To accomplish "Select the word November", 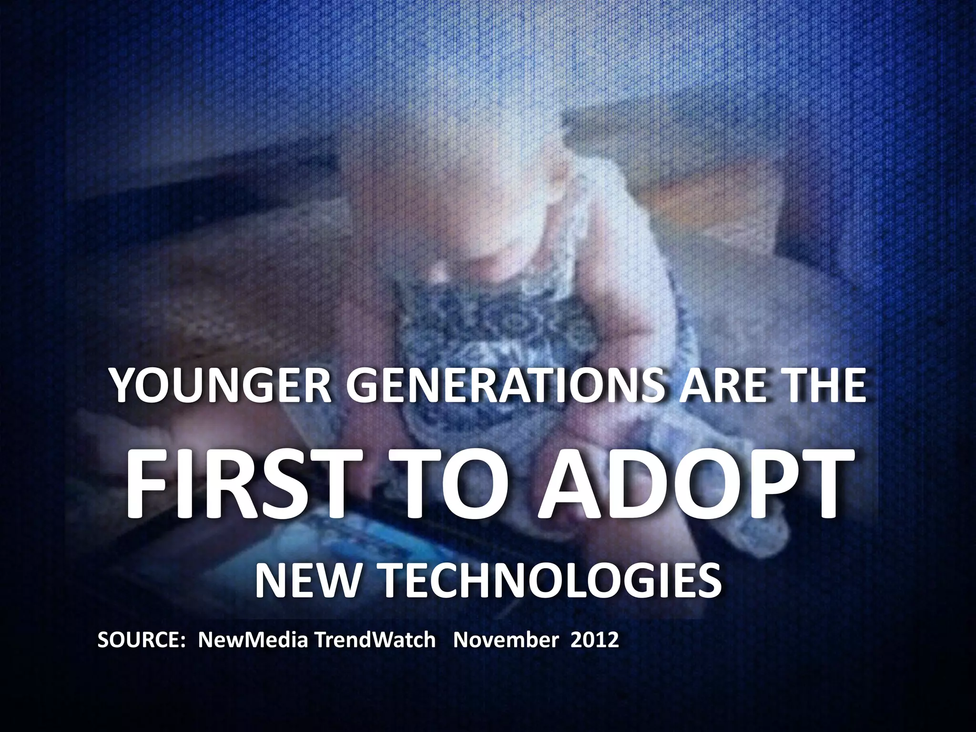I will [x=506, y=640].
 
